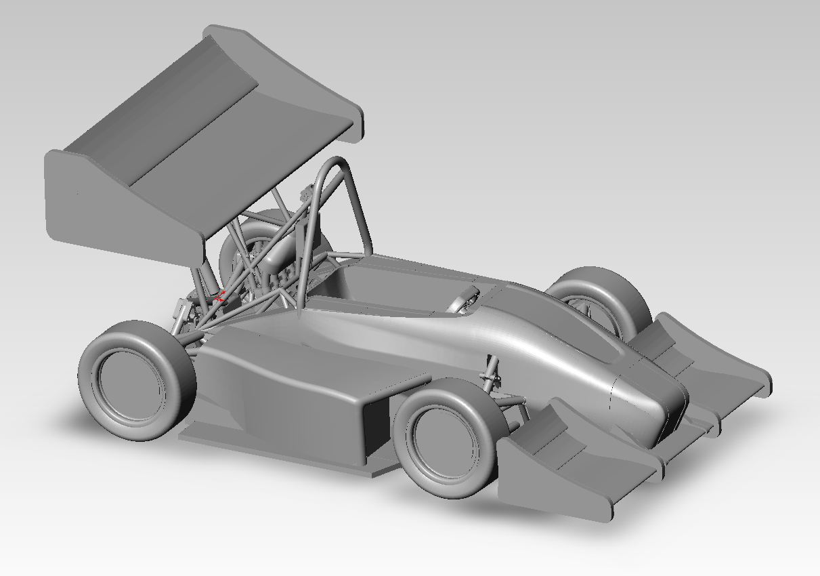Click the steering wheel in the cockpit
coord(466,299)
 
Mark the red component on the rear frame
coord(221,295)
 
